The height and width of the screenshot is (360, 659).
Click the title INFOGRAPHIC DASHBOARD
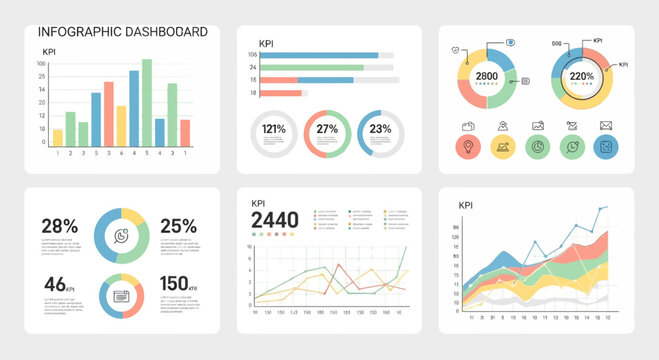(122, 32)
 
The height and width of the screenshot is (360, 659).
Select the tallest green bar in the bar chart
(147, 103)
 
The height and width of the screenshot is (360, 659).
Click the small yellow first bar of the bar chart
(58, 138)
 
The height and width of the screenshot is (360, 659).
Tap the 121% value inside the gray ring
(274, 130)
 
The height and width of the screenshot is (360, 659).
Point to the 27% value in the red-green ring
(327, 130)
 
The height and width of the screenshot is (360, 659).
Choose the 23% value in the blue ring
(380, 130)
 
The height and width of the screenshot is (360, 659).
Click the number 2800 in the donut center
(487, 77)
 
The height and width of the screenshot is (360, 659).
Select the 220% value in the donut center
(582, 77)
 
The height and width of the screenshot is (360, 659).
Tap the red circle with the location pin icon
(467, 148)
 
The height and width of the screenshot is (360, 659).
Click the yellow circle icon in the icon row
(502, 148)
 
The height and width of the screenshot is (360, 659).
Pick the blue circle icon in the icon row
(606, 148)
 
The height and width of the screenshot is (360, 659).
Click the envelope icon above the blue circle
(606, 126)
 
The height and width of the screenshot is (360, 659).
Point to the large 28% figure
(60, 226)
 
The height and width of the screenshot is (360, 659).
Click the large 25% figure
(178, 226)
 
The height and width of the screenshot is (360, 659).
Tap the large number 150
(174, 284)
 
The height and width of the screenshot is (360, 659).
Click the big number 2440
(274, 220)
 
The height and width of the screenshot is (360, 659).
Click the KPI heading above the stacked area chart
(466, 206)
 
